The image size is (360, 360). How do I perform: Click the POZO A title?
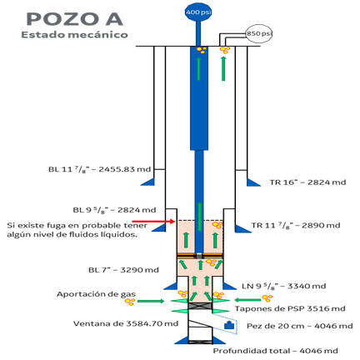click(74, 19)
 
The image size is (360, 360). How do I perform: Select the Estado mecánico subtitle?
click(74, 35)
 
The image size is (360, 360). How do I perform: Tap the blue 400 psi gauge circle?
click(198, 12)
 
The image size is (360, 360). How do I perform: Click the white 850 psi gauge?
click(259, 33)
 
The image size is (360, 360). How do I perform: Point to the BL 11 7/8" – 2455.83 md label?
click(99, 169)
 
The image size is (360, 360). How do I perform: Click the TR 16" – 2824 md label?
click(307, 182)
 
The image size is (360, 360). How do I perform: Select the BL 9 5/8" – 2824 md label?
click(114, 210)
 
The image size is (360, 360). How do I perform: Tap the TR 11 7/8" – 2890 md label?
click(296, 225)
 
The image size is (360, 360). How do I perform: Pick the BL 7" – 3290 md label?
click(123, 270)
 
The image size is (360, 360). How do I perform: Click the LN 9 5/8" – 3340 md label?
click(284, 286)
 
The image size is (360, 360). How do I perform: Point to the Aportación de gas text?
click(96, 294)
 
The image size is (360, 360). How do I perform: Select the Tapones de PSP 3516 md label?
click(290, 308)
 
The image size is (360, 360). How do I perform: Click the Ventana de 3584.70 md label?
click(126, 323)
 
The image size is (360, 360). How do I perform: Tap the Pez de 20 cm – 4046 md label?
click(300, 326)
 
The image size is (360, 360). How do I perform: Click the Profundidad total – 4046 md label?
click(275, 351)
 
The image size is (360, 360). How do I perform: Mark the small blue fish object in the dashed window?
click(229, 325)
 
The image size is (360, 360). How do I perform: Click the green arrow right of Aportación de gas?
click(151, 301)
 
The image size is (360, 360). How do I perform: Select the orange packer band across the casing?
click(200, 256)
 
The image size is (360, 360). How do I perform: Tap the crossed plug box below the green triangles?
click(200, 306)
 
